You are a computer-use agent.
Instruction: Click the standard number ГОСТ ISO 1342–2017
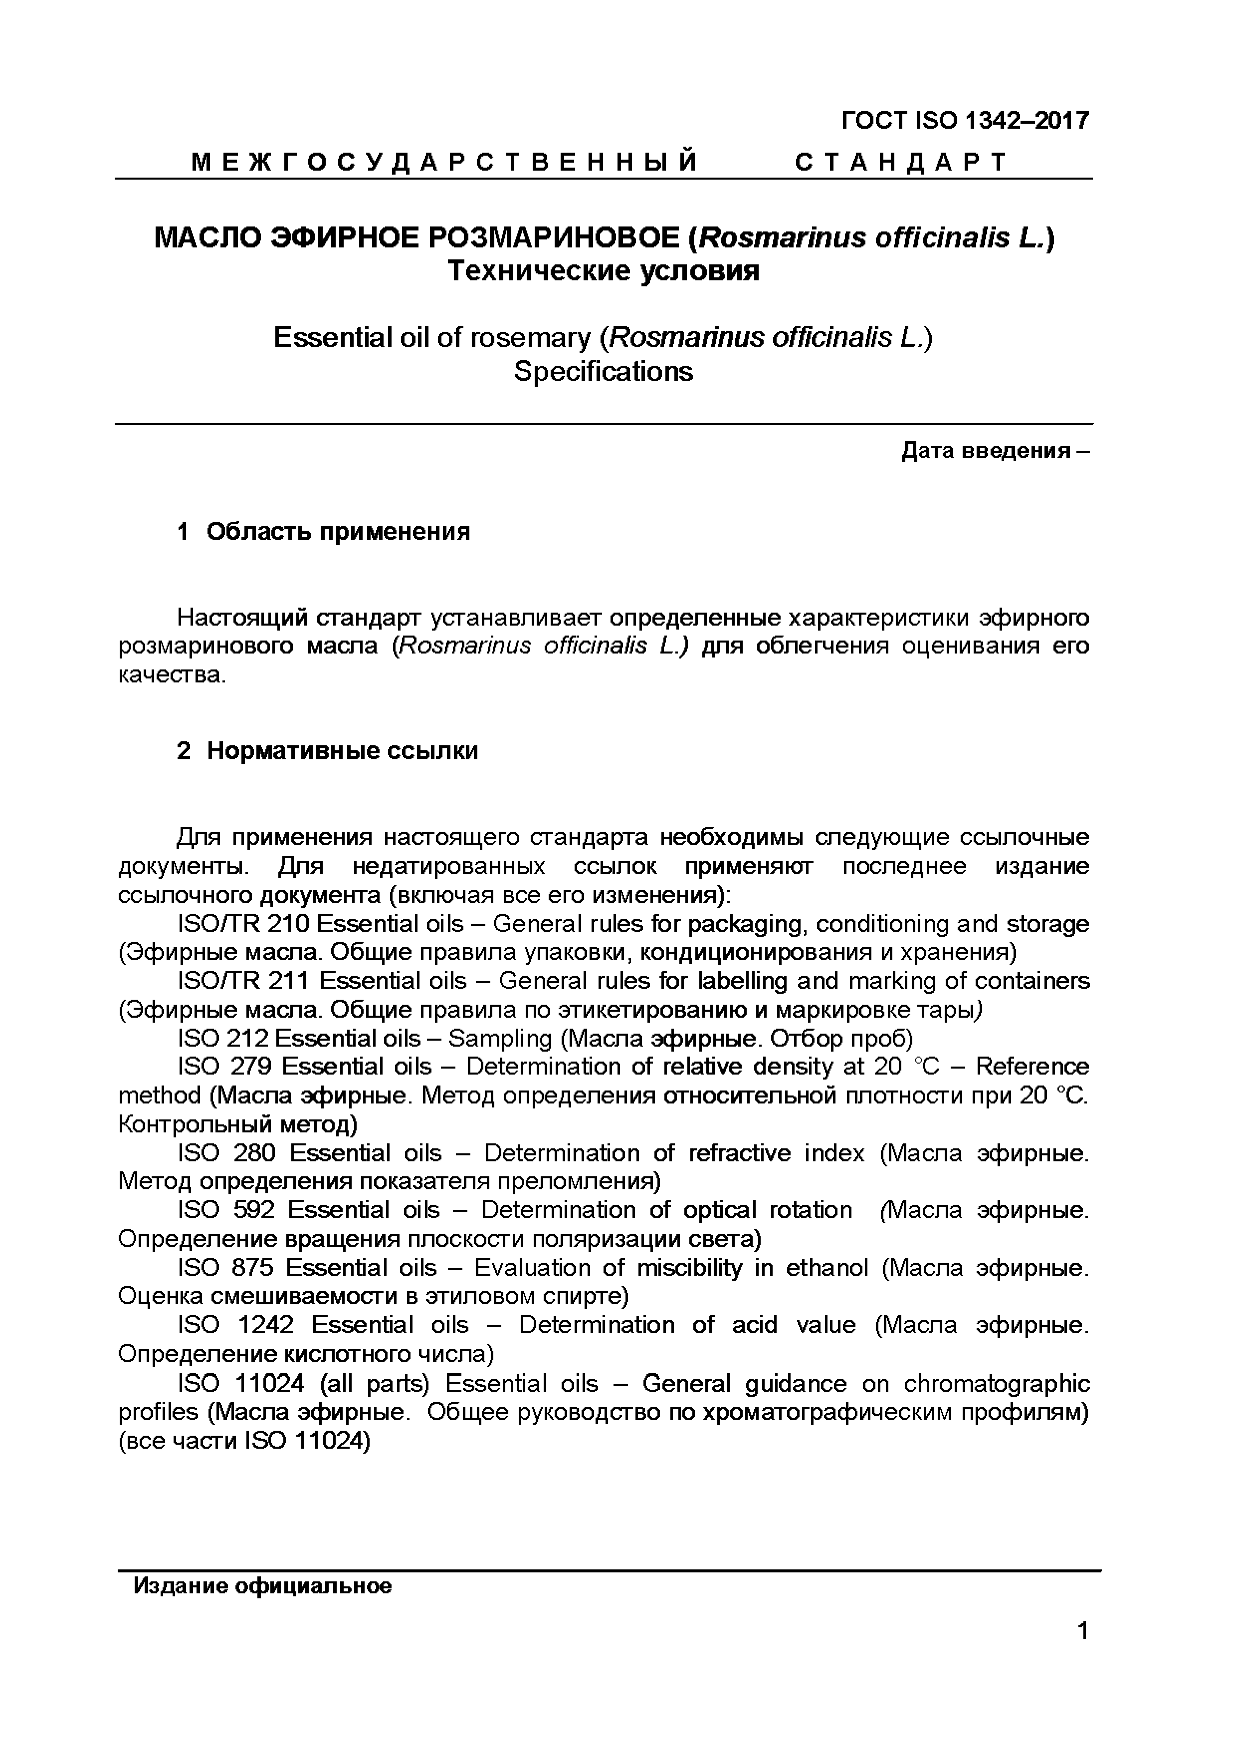tap(965, 120)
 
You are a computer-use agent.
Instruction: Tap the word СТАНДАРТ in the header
tap(900, 162)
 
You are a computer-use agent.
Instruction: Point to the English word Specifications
tap(603, 371)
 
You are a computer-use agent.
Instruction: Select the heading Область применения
tap(338, 531)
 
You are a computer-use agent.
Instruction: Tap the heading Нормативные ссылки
tap(342, 751)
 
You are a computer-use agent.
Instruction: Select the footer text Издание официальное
tap(262, 1586)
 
